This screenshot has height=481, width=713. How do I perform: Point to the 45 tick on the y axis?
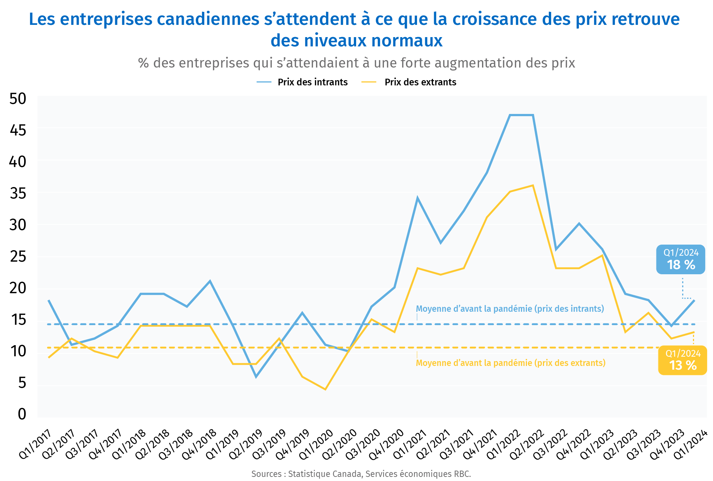coord(18,130)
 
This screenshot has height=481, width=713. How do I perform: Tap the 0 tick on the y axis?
coord(22,414)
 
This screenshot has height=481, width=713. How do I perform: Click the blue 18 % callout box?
coord(680,259)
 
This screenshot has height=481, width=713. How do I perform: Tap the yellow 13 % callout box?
coord(683,360)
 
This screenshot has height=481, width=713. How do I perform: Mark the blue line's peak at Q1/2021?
coord(417,198)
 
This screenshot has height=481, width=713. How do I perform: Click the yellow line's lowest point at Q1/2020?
coord(325,389)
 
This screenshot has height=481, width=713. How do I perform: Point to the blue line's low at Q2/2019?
coord(256,377)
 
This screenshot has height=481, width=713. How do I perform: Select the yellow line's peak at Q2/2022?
coord(533,185)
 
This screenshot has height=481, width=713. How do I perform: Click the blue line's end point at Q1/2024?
coord(694,300)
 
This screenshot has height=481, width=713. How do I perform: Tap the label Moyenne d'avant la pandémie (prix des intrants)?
coord(510,309)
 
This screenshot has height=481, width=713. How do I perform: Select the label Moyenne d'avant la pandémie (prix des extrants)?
coord(511,363)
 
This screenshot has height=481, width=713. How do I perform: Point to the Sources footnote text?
coord(361,474)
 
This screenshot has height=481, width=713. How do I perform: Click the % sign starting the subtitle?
coord(143,63)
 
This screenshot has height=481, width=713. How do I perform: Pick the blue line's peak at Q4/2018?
coord(210,281)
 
